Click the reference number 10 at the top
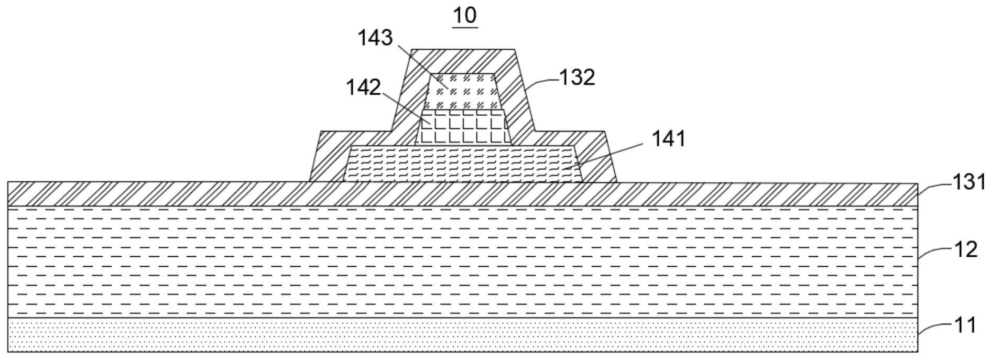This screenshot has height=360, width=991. pyautogui.click(x=465, y=15)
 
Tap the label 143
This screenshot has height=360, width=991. pyautogui.click(x=375, y=38)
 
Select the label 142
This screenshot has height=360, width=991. pyautogui.click(x=363, y=88)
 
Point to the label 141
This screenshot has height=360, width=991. pyautogui.click(x=668, y=139)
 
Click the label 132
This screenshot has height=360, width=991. pyautogui.click(x=578, y=78)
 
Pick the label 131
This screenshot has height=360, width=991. pyautogui.click(x=969, y=182)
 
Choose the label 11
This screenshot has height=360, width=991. pyautogui.click(x=965, y=325)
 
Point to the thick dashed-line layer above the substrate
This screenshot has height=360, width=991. pyautogui.click(x=461, y=262)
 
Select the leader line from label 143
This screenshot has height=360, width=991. pyautogui.click(x=422, y=66)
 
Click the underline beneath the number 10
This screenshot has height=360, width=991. pyautogui.click(x=465, y=27)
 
